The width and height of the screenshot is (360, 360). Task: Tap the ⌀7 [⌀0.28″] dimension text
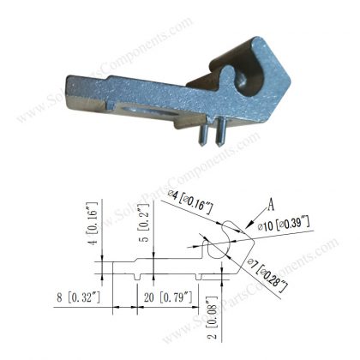[x=267, y=273]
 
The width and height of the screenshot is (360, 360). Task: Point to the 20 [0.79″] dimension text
[x=164, y=300]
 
